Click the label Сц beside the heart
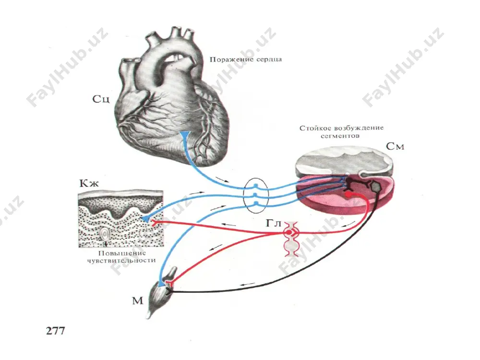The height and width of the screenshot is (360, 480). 101,99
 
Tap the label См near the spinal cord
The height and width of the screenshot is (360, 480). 395,146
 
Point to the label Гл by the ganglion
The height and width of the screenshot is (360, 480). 274,223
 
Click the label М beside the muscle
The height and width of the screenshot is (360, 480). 137,300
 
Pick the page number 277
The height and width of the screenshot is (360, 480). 55,331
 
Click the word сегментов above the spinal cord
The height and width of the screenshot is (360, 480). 340,136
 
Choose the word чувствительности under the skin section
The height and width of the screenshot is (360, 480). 121,261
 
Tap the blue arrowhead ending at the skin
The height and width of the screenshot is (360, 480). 146,218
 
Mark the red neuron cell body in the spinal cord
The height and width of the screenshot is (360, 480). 348,194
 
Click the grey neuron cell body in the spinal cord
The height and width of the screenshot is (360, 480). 375,186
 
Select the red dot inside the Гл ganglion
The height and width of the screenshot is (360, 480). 288,233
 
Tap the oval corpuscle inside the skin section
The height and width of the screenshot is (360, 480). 105,235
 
